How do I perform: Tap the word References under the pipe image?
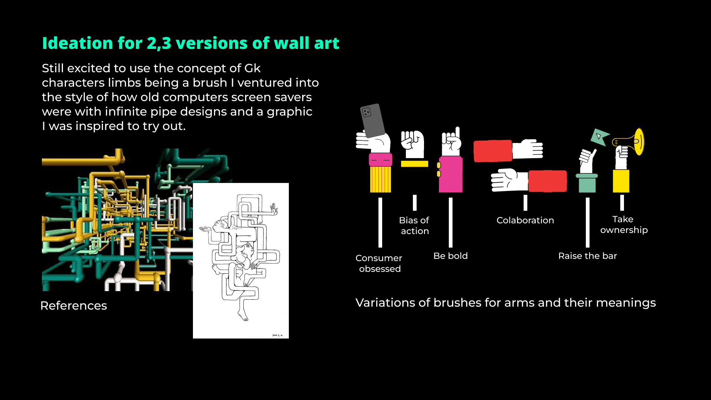[73, 306]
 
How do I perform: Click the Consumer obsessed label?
[379, 263]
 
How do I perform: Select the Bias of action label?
[414, 226]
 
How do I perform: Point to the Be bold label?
[450, 256]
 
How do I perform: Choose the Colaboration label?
[525, 220]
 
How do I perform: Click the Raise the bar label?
[587, 256]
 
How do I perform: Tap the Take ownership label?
[624, 225]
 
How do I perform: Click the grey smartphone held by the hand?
[373, 120]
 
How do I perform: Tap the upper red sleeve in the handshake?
[493, 151]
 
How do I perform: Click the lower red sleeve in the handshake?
[547, 181]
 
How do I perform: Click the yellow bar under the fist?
[414, 164]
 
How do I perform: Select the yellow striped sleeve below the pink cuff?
[380, 179]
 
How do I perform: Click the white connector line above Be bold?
[451, 222]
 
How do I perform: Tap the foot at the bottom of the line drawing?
[243, 316]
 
